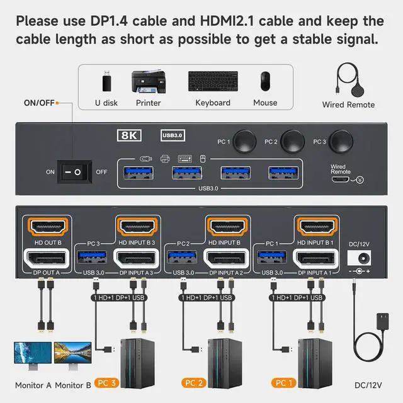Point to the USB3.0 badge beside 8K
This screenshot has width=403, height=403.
(x=173, y=134)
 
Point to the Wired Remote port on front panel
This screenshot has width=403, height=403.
(x=342, y=179)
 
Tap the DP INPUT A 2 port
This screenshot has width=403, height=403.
(x=225, y=258)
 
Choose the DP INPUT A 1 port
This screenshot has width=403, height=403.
(x=315, y=258)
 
